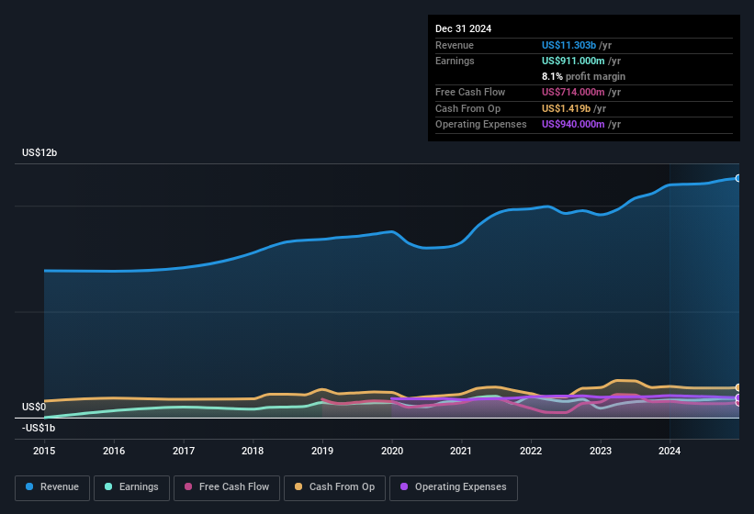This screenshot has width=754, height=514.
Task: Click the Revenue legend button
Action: [53, 486]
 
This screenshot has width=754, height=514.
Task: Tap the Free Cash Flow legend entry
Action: [227, 486]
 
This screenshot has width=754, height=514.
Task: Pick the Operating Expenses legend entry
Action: [453, 486]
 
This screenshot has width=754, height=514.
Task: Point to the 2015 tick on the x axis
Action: [44, 451]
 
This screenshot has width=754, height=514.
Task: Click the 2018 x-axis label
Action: [253, 451]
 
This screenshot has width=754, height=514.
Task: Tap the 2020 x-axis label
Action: [392, 451]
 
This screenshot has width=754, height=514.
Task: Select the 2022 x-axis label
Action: [531, 451]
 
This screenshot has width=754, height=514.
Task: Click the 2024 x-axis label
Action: [670, 451]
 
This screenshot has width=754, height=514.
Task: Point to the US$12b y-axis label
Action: [39, 153]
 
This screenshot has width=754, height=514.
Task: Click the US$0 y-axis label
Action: [34, 407]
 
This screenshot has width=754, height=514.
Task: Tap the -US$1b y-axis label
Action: [38, 429]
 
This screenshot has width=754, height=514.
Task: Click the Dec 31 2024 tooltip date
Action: [463, 28]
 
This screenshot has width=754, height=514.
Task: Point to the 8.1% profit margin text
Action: [583, 76]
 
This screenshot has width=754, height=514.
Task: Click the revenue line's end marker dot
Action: [738, 178]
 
